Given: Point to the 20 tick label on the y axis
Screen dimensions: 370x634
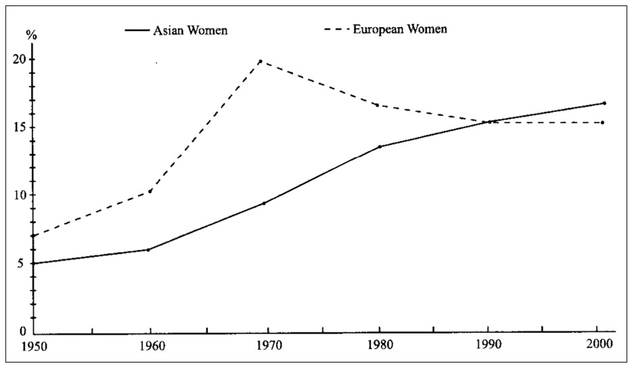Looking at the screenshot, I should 21,59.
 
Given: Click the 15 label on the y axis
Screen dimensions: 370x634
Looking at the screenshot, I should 21,128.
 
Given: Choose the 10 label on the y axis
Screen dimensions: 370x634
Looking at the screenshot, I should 21,196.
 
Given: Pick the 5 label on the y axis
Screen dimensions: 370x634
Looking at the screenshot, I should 24,264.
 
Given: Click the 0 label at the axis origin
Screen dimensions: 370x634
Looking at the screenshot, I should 24,332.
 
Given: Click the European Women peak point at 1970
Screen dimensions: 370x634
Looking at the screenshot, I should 260,61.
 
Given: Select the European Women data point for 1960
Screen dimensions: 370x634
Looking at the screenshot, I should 150,191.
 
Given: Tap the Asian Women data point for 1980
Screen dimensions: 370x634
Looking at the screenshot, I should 380,147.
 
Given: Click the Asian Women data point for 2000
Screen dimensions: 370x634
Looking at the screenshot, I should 604,103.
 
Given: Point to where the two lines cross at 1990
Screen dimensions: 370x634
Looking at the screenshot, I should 489,122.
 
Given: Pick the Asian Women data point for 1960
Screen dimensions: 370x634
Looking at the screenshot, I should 148,250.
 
